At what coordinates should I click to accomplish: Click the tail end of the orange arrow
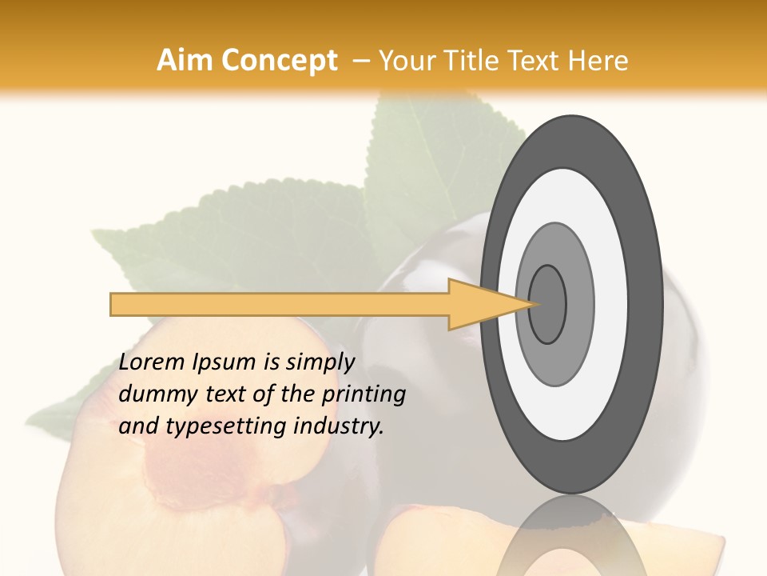coord(113,304)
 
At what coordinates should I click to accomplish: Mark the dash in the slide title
coord(361,61)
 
